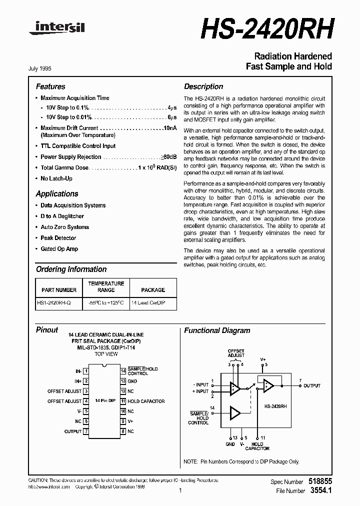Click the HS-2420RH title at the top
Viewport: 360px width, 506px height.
pyautogui.click(x=266, y=28)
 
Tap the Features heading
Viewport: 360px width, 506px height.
pyautogui.click(x=50, y=86)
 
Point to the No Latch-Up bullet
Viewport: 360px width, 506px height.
pyautogui.click(x=56, y=178)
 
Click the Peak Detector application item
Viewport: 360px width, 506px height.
pyautogui.click(x=58, y=238)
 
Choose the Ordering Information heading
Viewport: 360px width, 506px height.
pyautogui.click(x=71, y=269)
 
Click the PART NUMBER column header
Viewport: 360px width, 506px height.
pyautogui.click(x=59, y=290)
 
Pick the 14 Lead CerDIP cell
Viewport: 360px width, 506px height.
pyautogui.click(x=148, y=303)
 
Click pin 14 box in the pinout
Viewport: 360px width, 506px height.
pyautogui.click(x=122, y=371)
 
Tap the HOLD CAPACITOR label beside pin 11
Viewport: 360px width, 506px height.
pyautogui.click(x=146, y=401)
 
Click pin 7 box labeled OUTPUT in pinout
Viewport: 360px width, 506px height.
pyautogui.click(x=86, y=431)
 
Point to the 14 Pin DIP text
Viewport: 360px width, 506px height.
pyautogui.click(x=104, y=401)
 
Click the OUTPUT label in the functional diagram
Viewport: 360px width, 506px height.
pyautogui.click(x=311, y=386)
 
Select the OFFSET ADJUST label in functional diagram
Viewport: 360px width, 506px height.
pyautogui.click(x=236, y=353)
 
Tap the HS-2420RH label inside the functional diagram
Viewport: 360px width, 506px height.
pyautogui.click(x=275, y=407)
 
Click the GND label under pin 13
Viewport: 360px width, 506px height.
pyautogui.click(x=230, y=444)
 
